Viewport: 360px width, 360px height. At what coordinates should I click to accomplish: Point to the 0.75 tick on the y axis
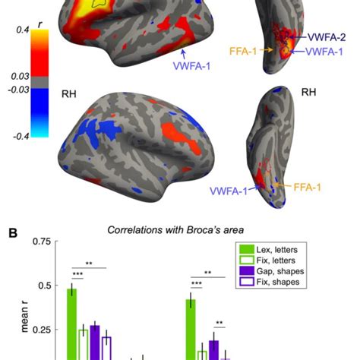tap(40, 242)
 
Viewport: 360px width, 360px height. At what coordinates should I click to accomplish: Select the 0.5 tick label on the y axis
tap(44, 286)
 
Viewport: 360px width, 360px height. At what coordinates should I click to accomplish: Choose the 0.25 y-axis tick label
tap(41, 330)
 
